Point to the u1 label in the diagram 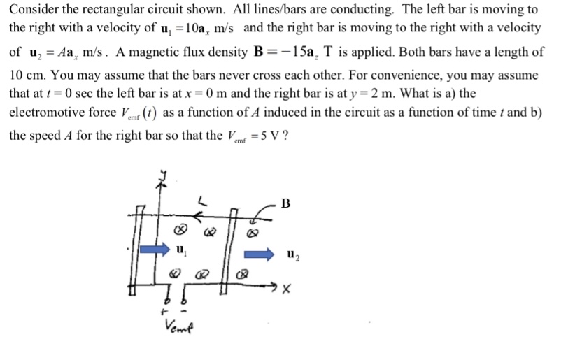click(x=181, y=249)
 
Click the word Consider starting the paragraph click(x=33, y=10)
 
